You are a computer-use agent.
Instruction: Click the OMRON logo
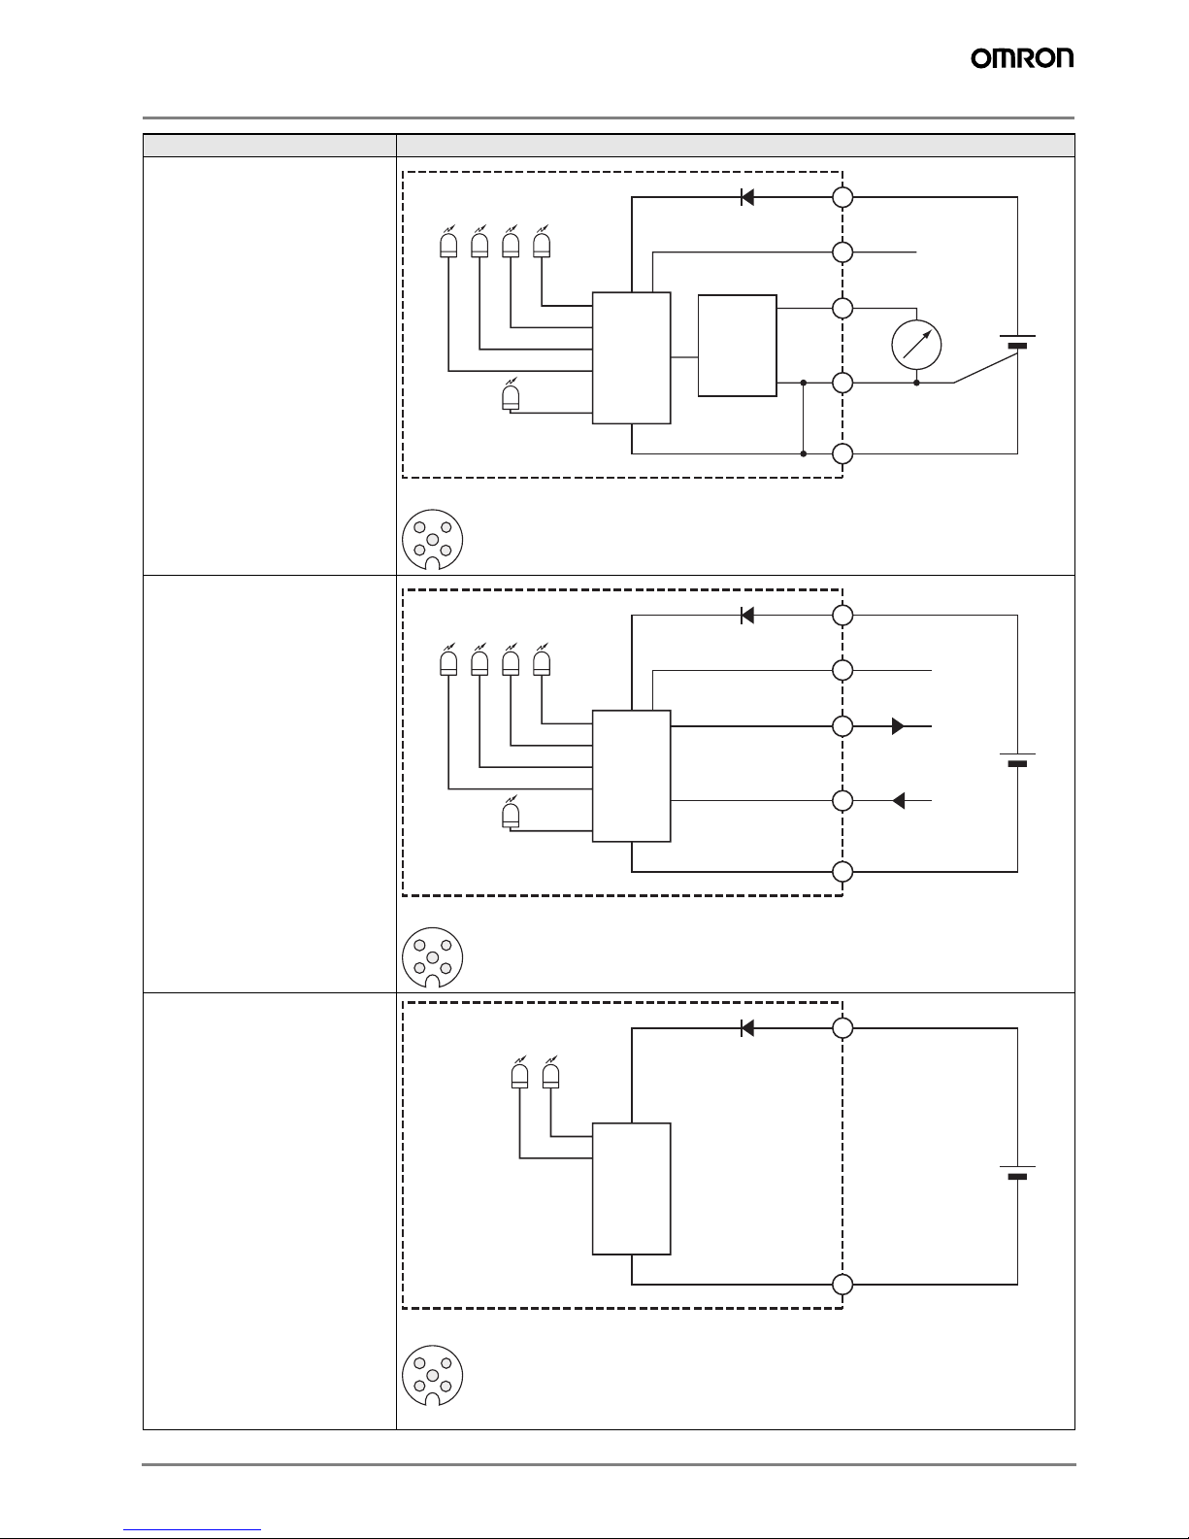pos(1022,58)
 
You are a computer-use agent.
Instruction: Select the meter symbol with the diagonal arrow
pos(916,345)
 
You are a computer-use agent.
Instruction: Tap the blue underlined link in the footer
pos(192,1530)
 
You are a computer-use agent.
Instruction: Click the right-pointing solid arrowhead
pos(898,726)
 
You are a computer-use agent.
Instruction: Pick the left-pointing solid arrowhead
pos(899,801)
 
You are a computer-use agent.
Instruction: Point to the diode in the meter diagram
pos(747,198)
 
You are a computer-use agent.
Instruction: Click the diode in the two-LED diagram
pos(747,1027)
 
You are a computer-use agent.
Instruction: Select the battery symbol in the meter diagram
pos(1018,342)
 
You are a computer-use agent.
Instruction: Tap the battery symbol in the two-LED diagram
pos(1018,1172)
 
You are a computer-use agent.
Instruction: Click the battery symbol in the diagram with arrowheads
pos(1018,759)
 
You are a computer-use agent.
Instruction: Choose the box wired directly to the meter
pos(738,346)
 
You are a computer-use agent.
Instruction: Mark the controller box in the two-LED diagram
pos(631,1188)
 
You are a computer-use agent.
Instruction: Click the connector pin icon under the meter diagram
pos(433,540)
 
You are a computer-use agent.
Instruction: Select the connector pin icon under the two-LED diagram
pos(433,1376)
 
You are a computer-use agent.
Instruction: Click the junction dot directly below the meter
pos(916,383)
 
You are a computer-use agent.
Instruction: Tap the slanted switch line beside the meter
pos(986,368)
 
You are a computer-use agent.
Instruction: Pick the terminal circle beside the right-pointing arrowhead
pos(842,726)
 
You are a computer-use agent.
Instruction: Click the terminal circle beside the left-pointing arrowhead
pos(842,801)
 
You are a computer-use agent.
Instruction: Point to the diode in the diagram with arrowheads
pos(747,616)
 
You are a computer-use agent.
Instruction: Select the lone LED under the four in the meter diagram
pos(511,395)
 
